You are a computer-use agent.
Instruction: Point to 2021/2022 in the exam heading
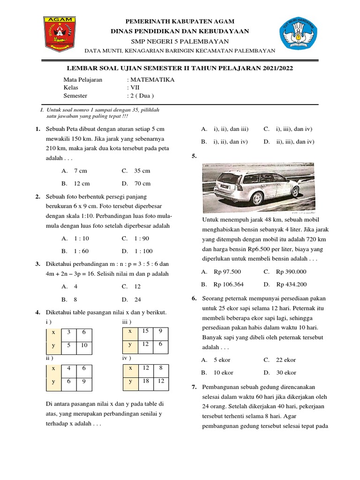point(276,68)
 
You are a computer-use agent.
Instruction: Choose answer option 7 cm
point(81,171)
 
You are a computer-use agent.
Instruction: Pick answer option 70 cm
point(142,183)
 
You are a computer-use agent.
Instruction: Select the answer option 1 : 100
point(143,251)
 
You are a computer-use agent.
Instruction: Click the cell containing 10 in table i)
point(84,345)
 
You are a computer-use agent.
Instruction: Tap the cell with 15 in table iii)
point(145,331)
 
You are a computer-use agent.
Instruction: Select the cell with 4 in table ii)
point(68,368)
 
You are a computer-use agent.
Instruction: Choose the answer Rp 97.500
point(227,271)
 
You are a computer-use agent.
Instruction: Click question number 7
point(194,387)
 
